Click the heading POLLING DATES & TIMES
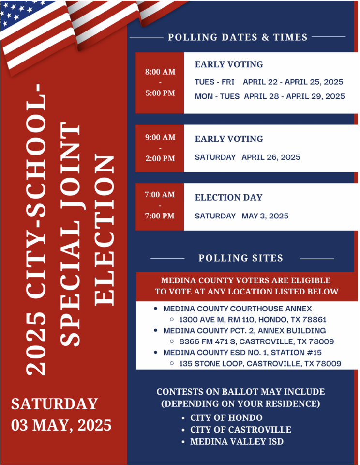tap(238, 37)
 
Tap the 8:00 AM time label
tap(160, 72)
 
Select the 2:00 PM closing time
tap(160, 158)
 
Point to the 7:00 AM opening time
tap(160, 195)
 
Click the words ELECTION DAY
tap(228, 198)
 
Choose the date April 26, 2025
tap(271, 157)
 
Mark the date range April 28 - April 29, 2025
tap(294, 96)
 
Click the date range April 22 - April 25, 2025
tap(293, 82)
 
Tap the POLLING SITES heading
tap(241, 258)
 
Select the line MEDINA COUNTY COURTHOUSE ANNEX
tap(238, 309)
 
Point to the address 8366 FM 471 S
tap(210, 341)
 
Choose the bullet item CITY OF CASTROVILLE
tap(240, 430)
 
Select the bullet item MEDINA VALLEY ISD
tap(237, 442)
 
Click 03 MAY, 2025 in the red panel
tap(61, 425)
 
